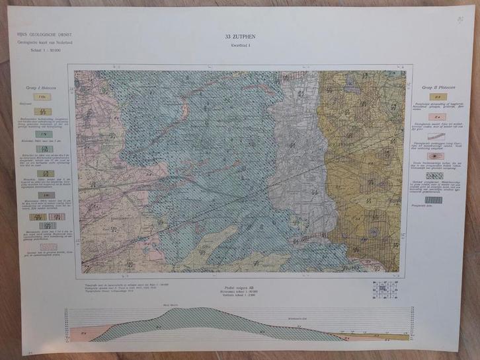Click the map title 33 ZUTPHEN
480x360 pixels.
pyautogui.click(x=239, y=37)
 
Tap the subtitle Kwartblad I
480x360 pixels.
pyautogui.click(x=239, y=45)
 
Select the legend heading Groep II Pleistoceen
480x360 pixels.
pyautogui.click(x=436, y=86)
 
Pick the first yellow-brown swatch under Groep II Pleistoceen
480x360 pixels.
pyautogui.click(x=436, y=97)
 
